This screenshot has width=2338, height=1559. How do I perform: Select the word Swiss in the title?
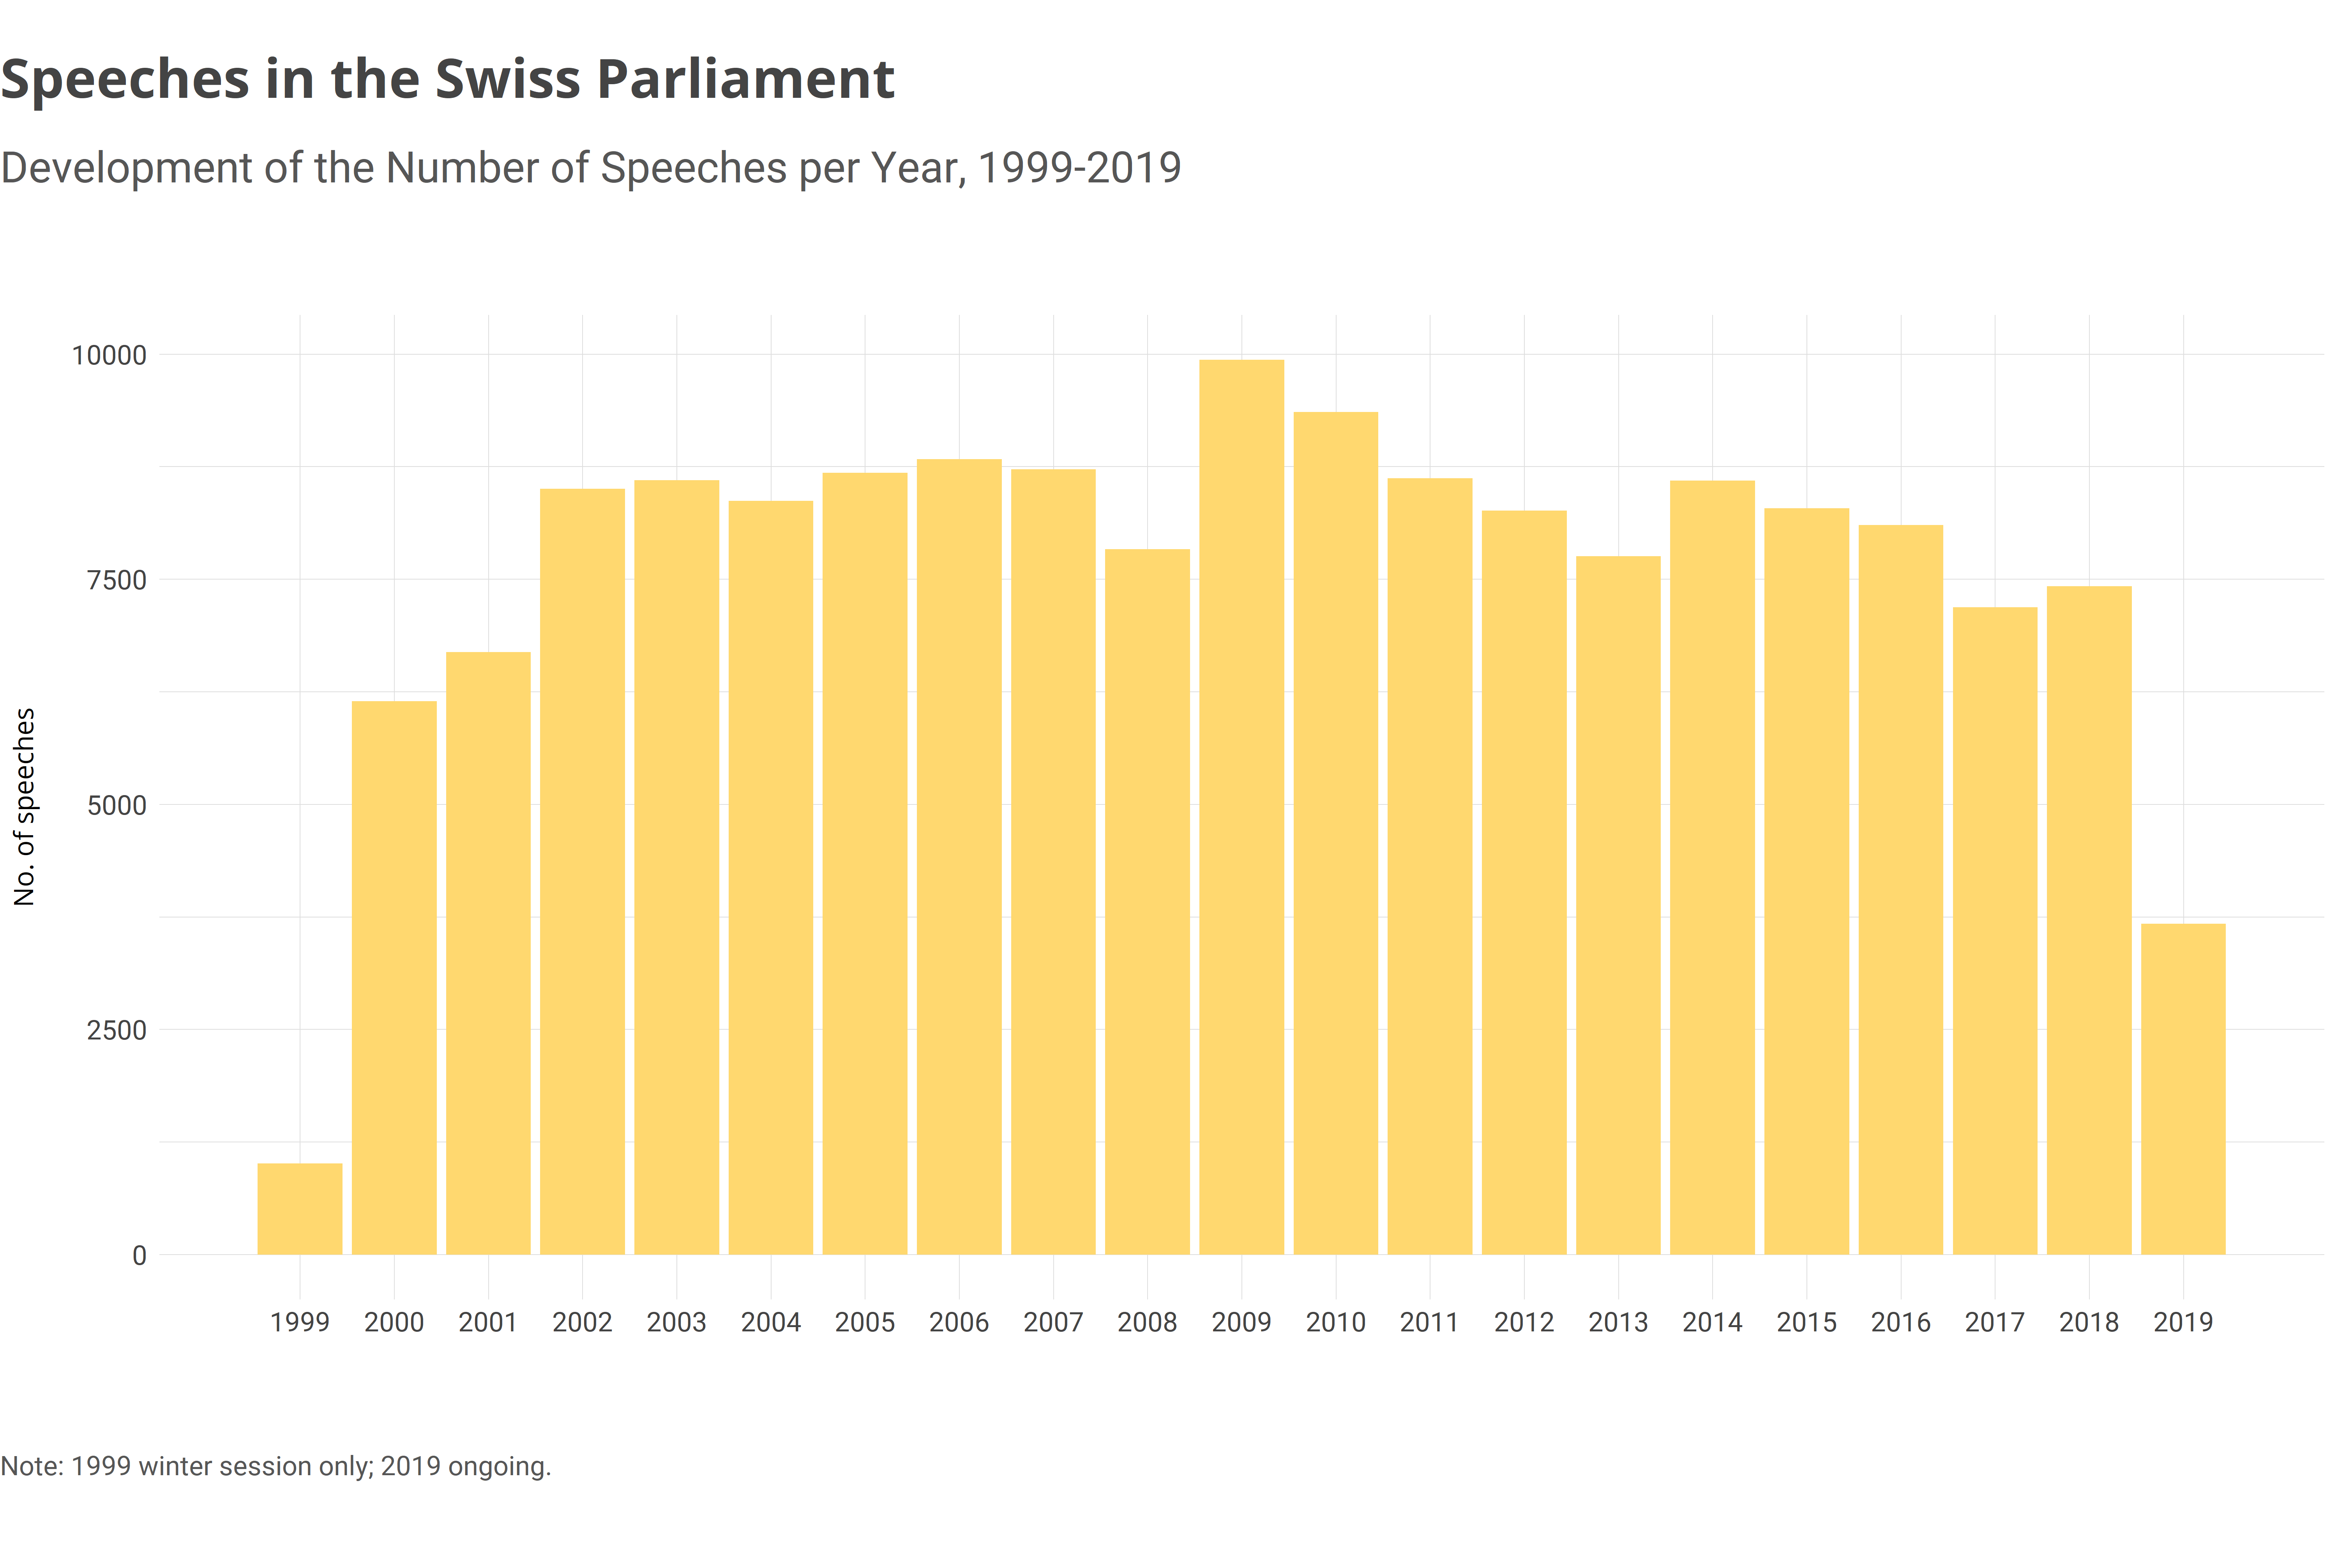(x=507, y=80)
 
